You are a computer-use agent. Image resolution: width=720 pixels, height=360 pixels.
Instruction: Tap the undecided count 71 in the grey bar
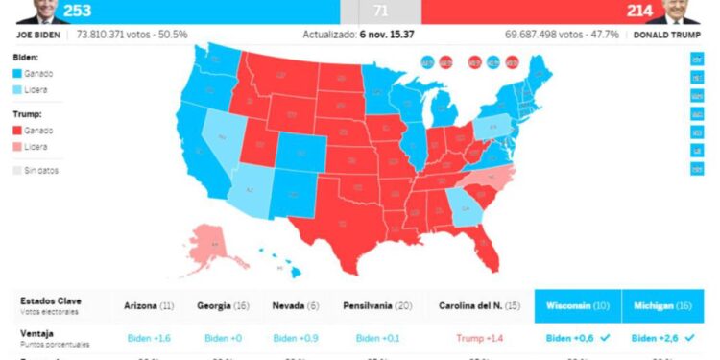[x=381, y=11]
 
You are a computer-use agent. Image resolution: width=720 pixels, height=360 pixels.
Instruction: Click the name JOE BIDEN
[x=39, y=34]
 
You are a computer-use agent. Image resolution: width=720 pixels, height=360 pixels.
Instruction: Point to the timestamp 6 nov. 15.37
[x=387, y=34]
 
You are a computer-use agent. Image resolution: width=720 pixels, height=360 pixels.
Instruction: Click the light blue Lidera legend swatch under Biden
[x=18, y=89]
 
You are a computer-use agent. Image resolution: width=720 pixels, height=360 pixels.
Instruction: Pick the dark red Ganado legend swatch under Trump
[x=18, y=130]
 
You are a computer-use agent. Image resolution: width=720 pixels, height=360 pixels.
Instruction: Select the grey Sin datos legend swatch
[x=18, y=170]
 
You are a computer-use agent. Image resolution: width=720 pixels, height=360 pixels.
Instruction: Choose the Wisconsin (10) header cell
[x=577, y=305]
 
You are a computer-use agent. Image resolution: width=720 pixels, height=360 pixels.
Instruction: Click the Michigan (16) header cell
[x=662, y=305]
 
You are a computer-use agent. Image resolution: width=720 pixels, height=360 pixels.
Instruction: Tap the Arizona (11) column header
[x=148, y=305]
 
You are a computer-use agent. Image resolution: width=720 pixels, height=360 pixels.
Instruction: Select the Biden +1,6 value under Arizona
[x=148, y=338]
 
